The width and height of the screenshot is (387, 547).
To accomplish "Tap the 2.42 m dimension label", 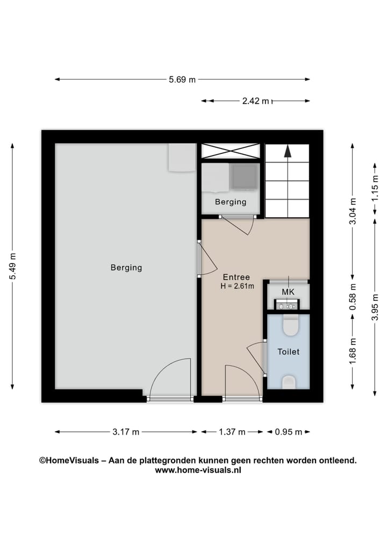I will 255,101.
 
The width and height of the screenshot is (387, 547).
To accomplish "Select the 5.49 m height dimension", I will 12,266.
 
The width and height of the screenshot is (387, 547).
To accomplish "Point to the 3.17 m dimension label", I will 126,432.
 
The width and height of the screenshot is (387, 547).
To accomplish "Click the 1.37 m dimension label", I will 232,432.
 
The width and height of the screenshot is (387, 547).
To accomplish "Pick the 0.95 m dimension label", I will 289,432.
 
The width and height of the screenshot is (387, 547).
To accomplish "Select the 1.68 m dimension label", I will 353,351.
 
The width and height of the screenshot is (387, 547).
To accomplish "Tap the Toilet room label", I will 288,352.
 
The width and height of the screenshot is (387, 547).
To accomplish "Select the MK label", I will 288,292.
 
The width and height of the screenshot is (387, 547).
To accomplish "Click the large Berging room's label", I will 126,267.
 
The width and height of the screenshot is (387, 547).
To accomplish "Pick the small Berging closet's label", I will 231,202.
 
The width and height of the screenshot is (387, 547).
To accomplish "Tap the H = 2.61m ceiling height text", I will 236,286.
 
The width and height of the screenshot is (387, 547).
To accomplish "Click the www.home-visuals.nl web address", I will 198,470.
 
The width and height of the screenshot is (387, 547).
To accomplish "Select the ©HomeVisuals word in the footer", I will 69,460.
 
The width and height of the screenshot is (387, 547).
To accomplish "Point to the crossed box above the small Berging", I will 231,151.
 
